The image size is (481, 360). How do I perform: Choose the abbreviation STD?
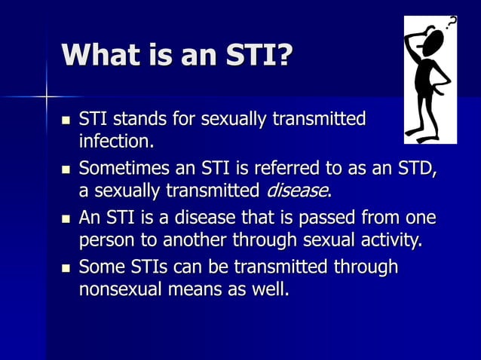[x=415, y=166]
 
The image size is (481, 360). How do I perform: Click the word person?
[x=105, y=242]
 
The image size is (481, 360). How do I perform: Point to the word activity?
[x=388, y=241]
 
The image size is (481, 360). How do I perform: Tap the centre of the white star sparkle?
[x=46, y=96]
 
